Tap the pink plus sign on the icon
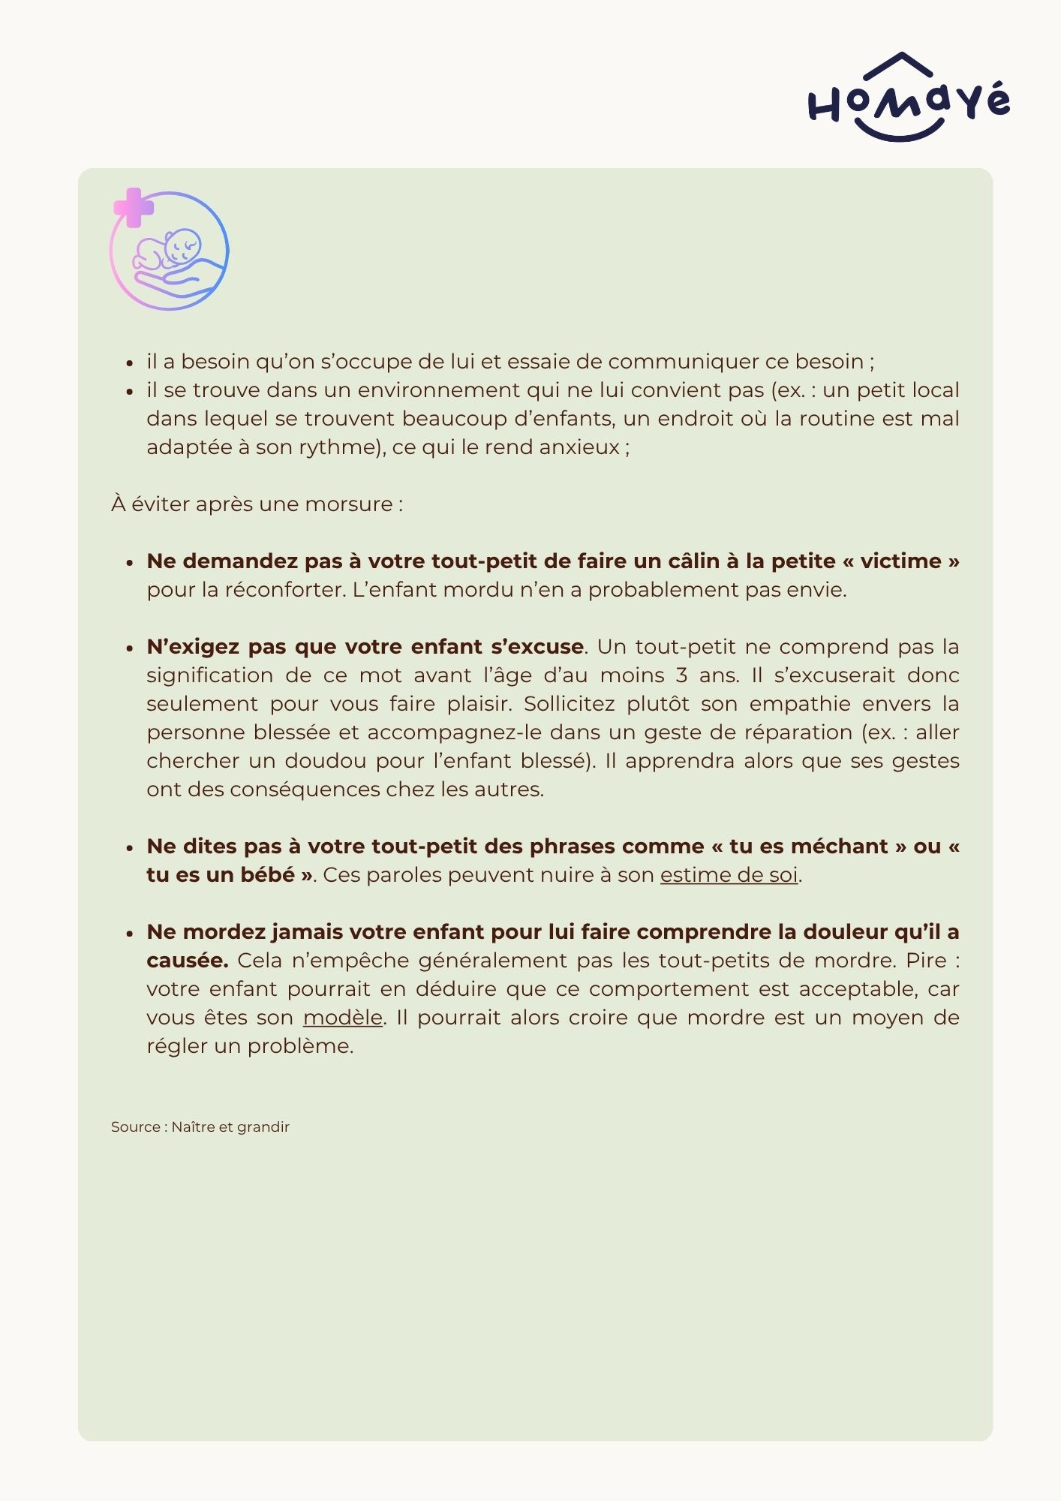tap(134, 208)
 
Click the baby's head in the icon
tap(182, 245)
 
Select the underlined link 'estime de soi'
tap(729, 875)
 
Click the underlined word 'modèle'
tap(343, 1018)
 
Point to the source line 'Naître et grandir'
tap(230, 1127)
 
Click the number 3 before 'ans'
tap(681, 675)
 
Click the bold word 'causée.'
tap(188, 961)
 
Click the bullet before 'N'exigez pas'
tap(130, 648)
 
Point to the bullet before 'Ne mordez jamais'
tap(130, 933)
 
